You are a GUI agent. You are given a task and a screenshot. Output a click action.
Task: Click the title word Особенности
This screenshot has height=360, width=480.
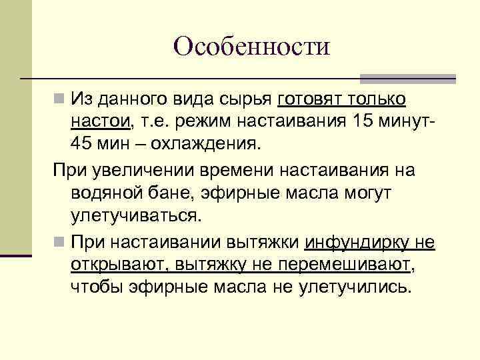click(x=251, y=47)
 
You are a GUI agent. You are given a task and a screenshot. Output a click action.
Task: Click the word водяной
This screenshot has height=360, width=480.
click(x=107, y=193)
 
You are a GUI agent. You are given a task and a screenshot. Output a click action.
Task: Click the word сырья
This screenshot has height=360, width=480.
click(x=246, y=99)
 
